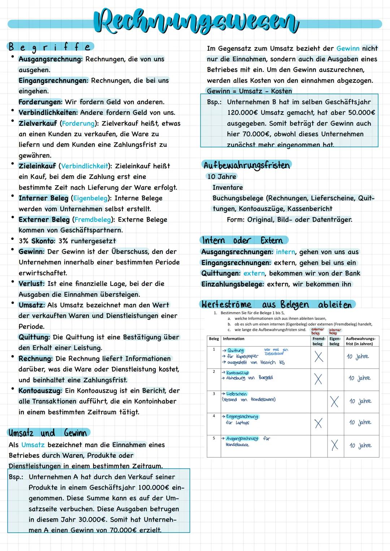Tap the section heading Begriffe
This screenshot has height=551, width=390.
(x=50, y=47)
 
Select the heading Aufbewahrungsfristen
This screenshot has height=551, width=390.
(x=247, y=165)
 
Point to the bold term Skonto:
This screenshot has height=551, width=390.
(x=43, y=241)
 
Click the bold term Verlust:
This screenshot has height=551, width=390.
(x=31, y=284)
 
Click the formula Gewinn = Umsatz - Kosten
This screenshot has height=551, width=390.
(x=249, y=91)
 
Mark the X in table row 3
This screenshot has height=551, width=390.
(x=334, y=401)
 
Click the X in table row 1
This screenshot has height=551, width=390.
(x=318, y=357)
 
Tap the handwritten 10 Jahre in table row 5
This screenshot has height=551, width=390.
(x=360, y=445)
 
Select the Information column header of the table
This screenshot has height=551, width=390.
(x=234, y=339)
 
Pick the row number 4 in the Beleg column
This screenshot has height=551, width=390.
(x=214, y=416)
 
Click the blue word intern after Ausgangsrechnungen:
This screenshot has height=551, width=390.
(x=285, y=252)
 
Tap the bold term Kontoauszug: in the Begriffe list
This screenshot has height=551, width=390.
(x=40, y=391)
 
